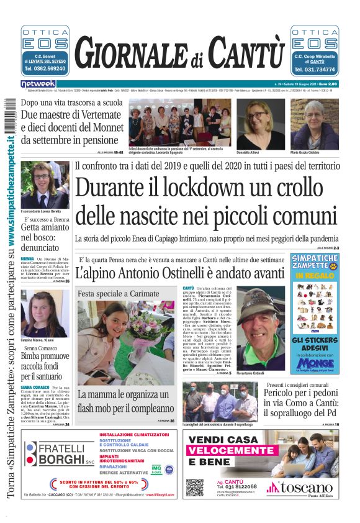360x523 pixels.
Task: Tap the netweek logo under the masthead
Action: click(38, 83)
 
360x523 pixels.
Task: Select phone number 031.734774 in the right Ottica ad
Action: click(315, 70)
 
